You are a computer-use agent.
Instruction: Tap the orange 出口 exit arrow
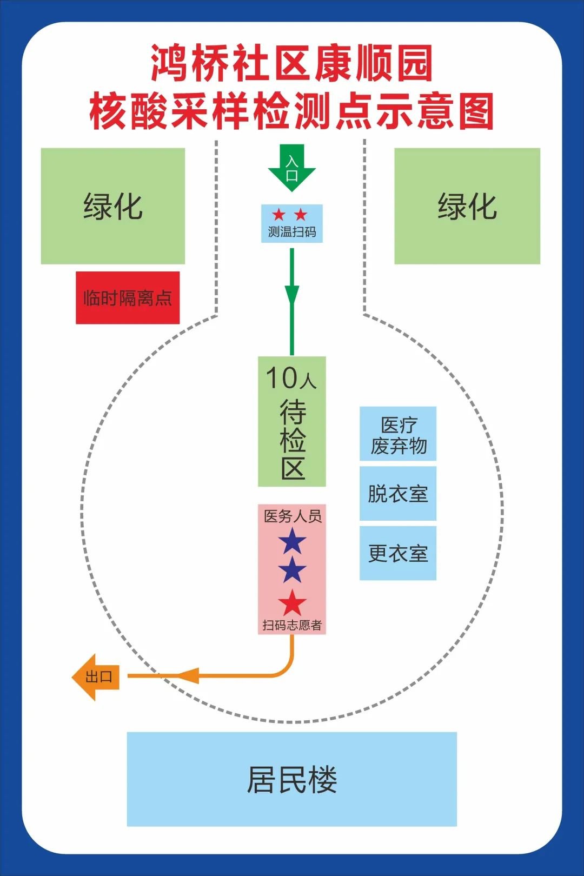point(96,676)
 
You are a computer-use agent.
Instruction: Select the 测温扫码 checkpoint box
point(291,223)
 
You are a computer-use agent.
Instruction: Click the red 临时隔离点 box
point(128,298)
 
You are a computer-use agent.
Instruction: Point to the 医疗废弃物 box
point(398,434)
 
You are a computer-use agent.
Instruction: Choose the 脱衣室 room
point(398,494)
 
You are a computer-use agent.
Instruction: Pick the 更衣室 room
point(398,553)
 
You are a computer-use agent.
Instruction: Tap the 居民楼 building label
point(291,779)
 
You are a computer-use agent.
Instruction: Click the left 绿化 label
point(113,207)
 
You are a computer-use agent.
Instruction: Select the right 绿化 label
point(467,207)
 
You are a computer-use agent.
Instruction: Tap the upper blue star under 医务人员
point(292,541)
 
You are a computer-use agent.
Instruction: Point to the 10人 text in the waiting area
point(291,377)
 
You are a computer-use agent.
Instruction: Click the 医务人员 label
point(292,516)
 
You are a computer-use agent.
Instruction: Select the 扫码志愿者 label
point(292,625)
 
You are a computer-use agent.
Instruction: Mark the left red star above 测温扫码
point(278,215)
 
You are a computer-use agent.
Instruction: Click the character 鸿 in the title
point(170,63)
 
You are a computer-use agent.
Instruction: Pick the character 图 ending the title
point(475,111)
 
